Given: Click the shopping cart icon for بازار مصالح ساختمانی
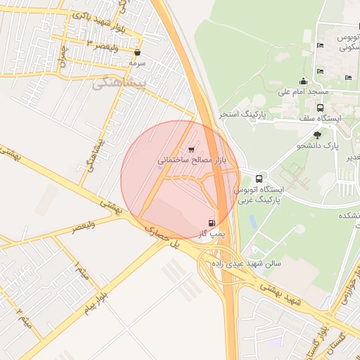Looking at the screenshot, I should coord(192,149).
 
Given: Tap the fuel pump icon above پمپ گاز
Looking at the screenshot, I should coord(212,224).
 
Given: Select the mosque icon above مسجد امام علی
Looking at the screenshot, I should coord(303,81).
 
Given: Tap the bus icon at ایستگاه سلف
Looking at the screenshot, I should coord(321,108).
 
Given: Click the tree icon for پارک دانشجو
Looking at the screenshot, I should coord(317,134).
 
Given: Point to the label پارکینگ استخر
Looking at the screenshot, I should coord(240,113).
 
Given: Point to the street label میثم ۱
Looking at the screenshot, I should coord(79,268).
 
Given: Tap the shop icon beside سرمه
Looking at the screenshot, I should coord(137,52).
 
